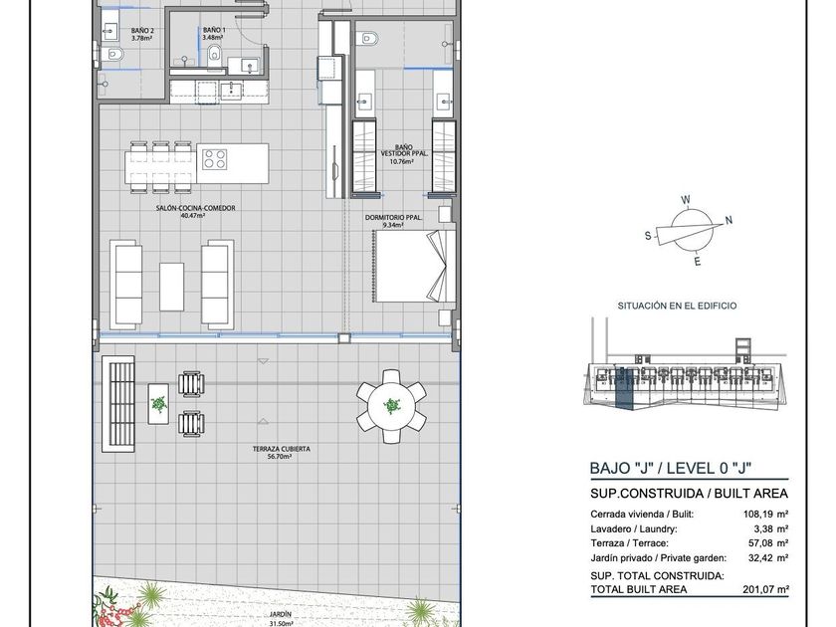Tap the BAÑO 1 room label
(214, 31)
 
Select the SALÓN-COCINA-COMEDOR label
(196, 208)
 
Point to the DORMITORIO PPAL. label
(393, 218)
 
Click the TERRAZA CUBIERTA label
(281, 449)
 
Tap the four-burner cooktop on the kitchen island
(214, 159)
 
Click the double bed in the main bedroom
(414, 266)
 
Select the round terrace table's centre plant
(392, 406)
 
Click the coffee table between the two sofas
(171, 287)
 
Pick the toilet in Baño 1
(215, 54)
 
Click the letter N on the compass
(729, 220)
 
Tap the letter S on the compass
(648, 236)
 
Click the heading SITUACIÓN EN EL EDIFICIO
(677, 306)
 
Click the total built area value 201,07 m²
(765, 589)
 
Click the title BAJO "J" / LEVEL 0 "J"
(671, 468)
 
